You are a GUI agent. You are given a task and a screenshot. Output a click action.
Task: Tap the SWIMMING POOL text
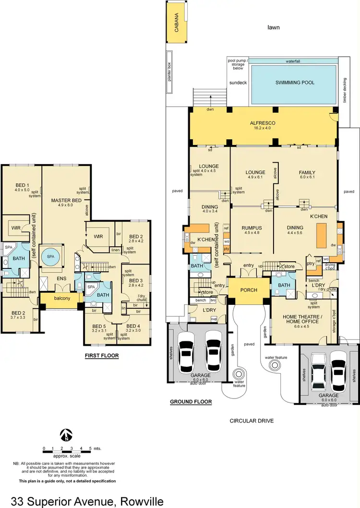tap(295, 83)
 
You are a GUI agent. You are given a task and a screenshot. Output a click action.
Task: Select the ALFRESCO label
tap(262, 123)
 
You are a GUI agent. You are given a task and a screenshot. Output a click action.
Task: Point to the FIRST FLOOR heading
tap(101, 356)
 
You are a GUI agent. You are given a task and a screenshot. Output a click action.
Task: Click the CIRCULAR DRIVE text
tap(251, 421)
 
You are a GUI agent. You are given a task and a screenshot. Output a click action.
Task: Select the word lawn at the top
tap(273, 27)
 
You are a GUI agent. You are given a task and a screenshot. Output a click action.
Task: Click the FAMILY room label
tap(307, 172)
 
